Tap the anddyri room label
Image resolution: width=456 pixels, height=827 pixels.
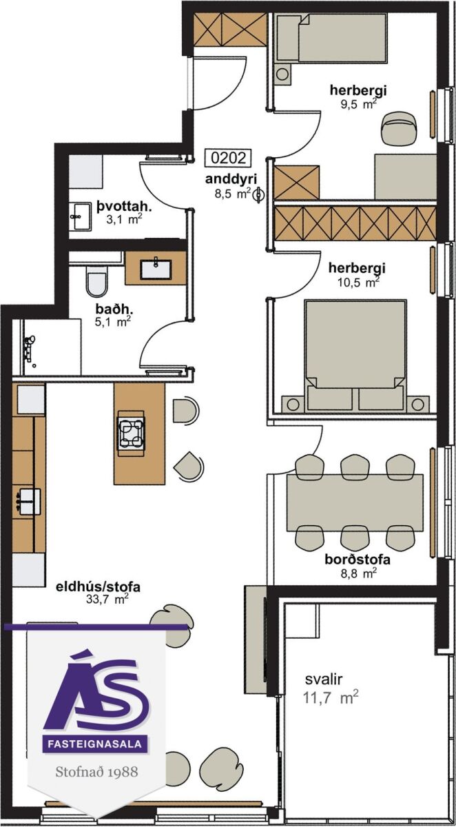[x=231, y=179]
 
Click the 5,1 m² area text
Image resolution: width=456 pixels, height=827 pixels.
[x=113, y=322]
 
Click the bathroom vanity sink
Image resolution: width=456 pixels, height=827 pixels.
[x=156, y=268]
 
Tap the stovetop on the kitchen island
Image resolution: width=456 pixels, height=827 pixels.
[x=131, y=430]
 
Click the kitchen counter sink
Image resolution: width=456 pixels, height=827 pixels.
[x=28, y=502]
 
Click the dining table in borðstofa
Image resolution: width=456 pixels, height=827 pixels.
[x=355, y=503]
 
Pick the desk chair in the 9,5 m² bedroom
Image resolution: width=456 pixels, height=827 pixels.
[x=400, y=129]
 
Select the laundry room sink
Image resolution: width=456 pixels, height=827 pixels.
[x=80, y=216]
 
